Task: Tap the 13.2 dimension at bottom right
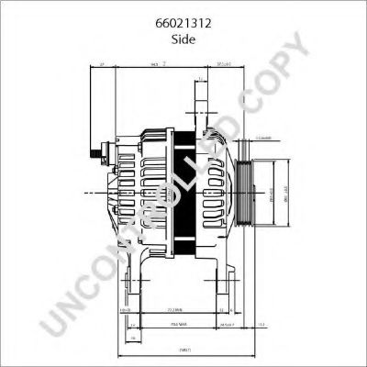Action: [261, 325]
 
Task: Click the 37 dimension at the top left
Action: [103, 65]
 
